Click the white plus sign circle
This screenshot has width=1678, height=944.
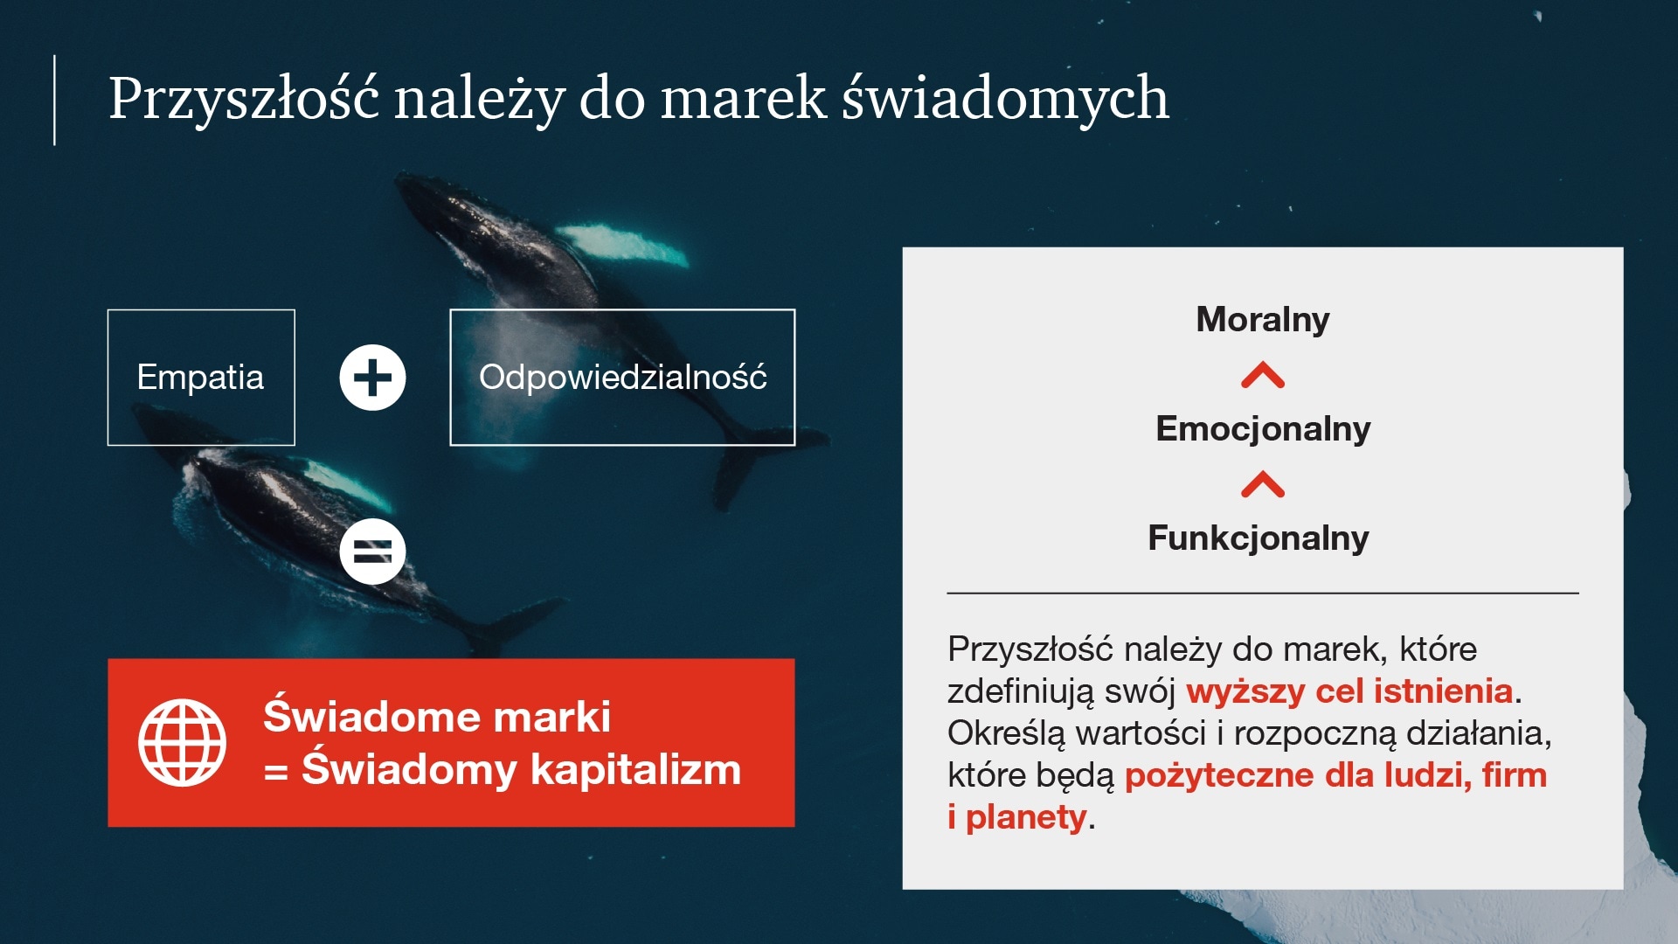[x=372, y=378]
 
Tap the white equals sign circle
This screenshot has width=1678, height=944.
[x=372, y=552]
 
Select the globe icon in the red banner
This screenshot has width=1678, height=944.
[x=182, y=742]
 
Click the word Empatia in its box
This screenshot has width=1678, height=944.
[x=200, y=378]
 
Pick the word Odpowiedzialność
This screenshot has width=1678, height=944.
[x=622, y=378]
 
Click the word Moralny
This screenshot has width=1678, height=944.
[x=1263, y=319]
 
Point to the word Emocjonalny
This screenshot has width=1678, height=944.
[x=1263, y=428]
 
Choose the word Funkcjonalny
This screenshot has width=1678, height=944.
[x=1258, y=538]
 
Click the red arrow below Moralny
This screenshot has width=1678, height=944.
[x=1263, y=375]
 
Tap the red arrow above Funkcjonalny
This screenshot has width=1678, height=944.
[x=1263, y=483]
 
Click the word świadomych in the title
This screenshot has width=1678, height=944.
[x=1005, y=98]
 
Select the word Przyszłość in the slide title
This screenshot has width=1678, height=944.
[x=244, y=98]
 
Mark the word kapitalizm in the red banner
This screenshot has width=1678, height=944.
[x=635, y=770]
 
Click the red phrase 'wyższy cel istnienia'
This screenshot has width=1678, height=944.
[x=1349, y=691]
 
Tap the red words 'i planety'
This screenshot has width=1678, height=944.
[x=1017, y=817]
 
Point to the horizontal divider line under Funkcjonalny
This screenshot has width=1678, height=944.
[x=1263, y=593]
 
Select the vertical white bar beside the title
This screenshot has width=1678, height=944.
[x=54, y=100]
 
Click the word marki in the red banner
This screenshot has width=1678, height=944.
[x=551, y=717]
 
